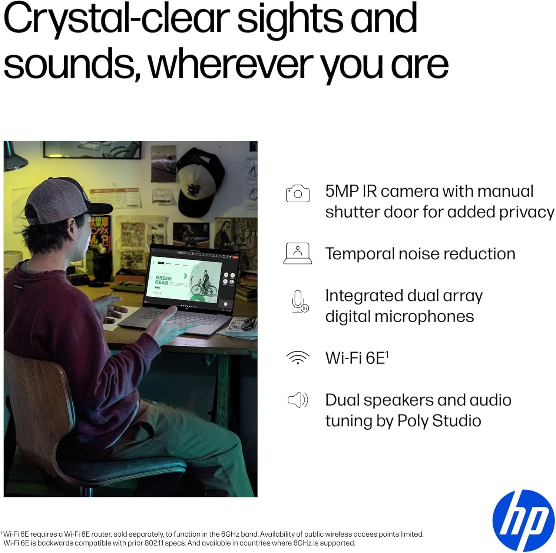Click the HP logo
pyautogui.click(x=523, y=521)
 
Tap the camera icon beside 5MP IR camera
pyautogui.click(x=298, y=193)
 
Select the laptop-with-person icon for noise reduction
pyautogui.click(x=298, y=253)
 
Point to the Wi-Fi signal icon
pyautogui.click(x=298, y=357)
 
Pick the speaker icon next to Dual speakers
pyautogui.click(x=298, y=400)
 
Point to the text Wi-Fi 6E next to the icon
pyautogui.click(x=357, y=358)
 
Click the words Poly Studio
pyautogui.click(x=439, y=421)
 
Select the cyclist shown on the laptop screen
pyautogui.click(x=207, y=282)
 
